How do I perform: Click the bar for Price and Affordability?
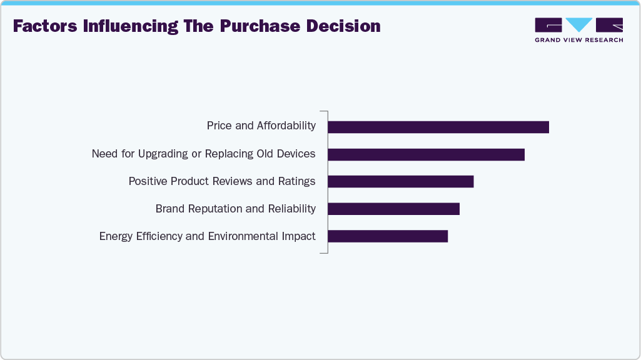coord(438,127)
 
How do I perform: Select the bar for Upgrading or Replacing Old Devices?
coord(426,154)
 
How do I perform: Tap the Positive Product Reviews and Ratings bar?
coord(400,181)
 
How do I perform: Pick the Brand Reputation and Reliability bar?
coord(393,209)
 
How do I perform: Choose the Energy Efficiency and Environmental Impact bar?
coord(388,236)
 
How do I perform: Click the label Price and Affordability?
coord(261,126)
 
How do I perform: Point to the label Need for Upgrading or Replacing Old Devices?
coord(203,154)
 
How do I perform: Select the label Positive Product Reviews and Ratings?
coord(221,181)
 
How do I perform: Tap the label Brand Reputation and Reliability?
coord(235,209)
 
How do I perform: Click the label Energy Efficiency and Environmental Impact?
coord(207,236)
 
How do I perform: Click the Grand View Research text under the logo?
coord(578,40)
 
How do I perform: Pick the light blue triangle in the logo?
coord(579,24)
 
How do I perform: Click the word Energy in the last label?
coord(116,236)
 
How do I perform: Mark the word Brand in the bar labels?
coord(170,209)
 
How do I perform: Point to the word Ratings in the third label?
coord(296,181)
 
